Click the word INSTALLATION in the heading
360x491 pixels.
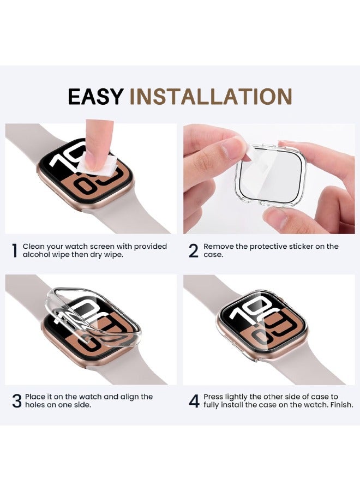click(x=211, y=97)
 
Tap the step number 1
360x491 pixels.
click(x=14, y=251)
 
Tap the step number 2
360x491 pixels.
click(x=194, y=251)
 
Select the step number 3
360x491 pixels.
click(x=17, y=401)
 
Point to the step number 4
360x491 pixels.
click(x=194, y=401)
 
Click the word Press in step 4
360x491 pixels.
click(x=214, y=397)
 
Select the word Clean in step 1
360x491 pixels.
click(x=34, y=247)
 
